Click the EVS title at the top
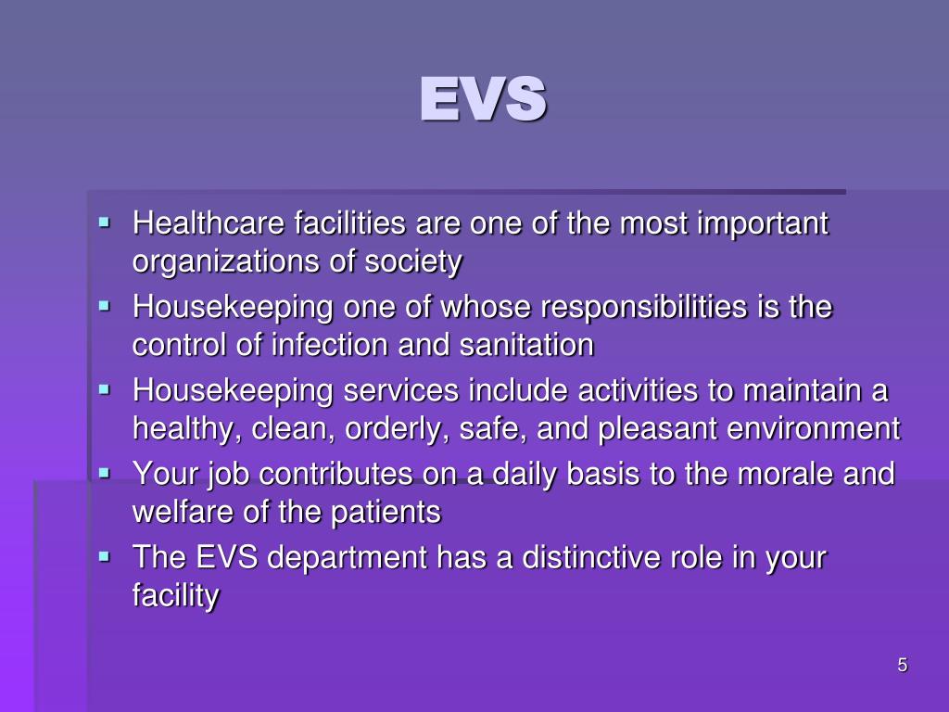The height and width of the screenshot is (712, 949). [x=482, y=99]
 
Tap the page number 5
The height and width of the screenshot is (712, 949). [x=902, y=665]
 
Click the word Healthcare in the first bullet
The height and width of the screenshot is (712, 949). [x=209, y=224]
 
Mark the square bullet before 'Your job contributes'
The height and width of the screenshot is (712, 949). [x=105, y=472]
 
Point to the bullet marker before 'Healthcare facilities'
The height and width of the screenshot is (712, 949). [x=105, y=222]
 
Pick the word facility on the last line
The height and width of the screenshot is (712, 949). [x=176, y=596]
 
